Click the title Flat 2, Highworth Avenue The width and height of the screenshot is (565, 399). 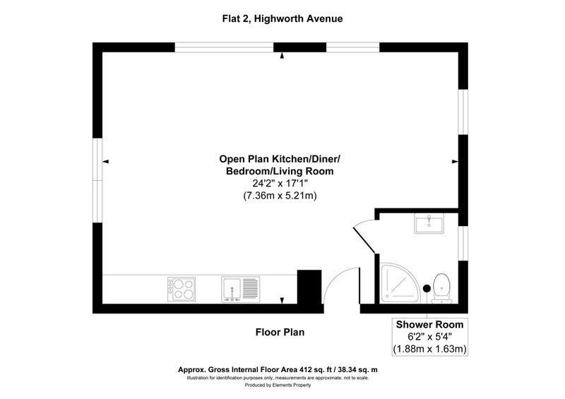click(282, 19)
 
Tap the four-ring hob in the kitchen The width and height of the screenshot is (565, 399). click(182, 289)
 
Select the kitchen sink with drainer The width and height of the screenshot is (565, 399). click(240, 289)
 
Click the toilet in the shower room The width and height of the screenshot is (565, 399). click(442, 288)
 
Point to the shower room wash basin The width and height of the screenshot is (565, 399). click(429, 223)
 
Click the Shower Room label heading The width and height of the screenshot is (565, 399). click(429, 324)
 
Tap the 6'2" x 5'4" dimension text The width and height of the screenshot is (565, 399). click(429, 337)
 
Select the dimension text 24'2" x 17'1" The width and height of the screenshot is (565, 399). click(280, 184)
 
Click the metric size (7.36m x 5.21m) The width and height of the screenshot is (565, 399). click(280, 196)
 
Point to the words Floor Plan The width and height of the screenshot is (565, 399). click(280, 332)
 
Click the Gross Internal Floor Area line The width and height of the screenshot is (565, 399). click(278, 370)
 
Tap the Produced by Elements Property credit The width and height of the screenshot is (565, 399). click(278, 386)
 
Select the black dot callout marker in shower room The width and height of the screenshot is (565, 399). click(427, 288)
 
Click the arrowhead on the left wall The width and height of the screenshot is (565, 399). click(105, 162)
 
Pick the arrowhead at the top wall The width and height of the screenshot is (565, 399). click(282, 56)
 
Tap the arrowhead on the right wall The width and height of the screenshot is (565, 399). click(455, 162)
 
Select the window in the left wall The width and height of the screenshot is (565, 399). click(97, 180)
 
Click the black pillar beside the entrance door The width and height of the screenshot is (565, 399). click(309, 287)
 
